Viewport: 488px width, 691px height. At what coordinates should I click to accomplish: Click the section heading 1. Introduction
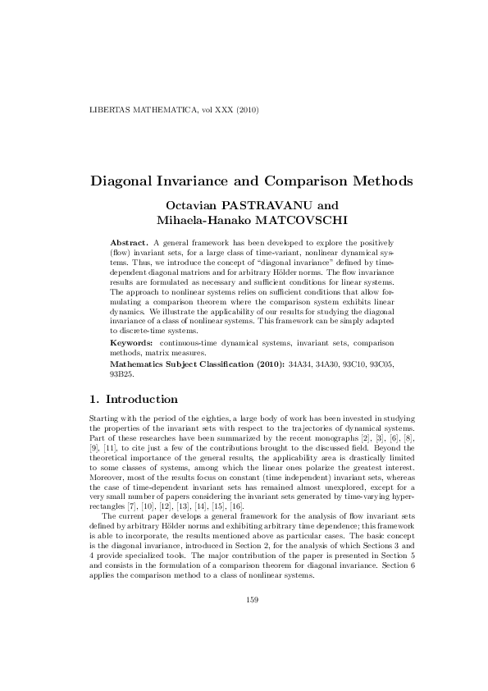132,400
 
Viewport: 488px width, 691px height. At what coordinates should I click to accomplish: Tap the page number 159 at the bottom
253,647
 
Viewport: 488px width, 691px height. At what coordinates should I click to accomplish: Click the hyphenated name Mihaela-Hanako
201,220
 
